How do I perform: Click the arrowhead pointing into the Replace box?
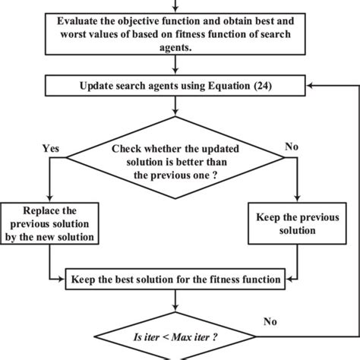tap(49, 199)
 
